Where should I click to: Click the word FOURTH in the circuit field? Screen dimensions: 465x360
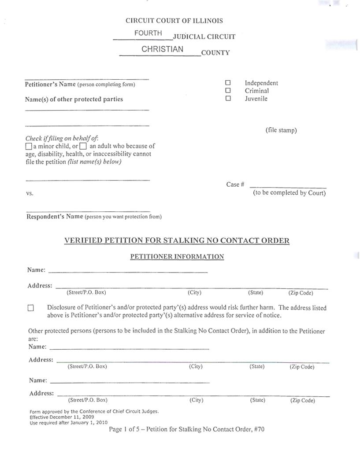(148, 33)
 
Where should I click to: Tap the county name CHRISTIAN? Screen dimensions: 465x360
(162, 49)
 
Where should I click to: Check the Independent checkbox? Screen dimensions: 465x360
(228, 83)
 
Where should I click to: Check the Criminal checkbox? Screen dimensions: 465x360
(228, 91)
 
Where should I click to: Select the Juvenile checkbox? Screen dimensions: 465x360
(228, 99)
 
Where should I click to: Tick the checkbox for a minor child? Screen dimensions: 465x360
(29, 146)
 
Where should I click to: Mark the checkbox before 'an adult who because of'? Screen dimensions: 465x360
(83, 146)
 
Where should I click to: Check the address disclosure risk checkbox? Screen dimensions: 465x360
(31, 308)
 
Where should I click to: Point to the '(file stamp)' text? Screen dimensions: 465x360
(281, 130)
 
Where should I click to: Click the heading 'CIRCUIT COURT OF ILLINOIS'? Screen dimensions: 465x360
(174, 21)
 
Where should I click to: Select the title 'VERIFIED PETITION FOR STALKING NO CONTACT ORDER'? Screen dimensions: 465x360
(177, 240)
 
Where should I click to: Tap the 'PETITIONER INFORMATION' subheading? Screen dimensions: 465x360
(177, 257)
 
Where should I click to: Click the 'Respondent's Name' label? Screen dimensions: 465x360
(55, 217)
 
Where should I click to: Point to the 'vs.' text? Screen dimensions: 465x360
(30, 193)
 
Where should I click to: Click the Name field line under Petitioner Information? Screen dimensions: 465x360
(128, 271)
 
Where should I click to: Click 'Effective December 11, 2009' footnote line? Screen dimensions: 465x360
(61, 417)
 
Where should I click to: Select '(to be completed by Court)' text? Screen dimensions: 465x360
(289, 193)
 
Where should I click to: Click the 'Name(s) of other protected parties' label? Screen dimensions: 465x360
(74, 100)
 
